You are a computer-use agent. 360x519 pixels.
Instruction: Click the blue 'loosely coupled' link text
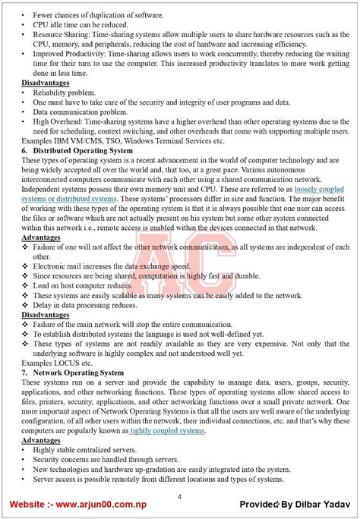(317, 188)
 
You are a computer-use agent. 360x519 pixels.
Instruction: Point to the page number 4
(179, 496)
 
